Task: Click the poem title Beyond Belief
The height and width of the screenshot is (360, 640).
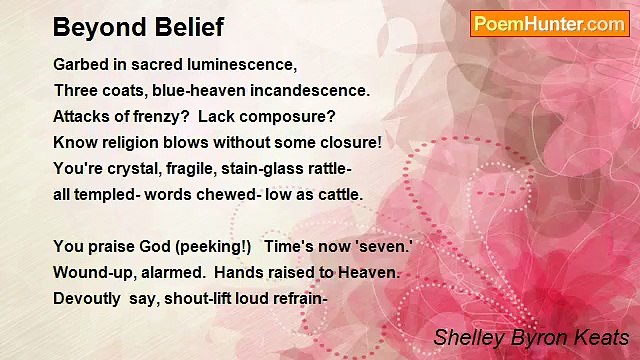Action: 138,27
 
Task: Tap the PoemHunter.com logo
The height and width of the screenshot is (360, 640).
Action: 549,24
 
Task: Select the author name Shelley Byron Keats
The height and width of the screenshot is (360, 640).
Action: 531,338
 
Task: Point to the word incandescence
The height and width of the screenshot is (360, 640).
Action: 307,90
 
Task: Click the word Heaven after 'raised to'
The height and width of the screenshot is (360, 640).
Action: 370,272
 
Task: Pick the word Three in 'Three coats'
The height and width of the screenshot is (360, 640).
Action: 77,90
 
